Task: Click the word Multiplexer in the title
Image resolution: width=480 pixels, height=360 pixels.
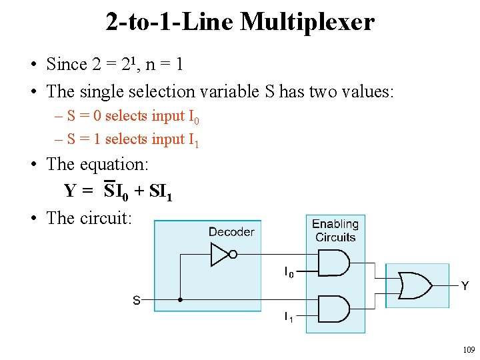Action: click(307, 23)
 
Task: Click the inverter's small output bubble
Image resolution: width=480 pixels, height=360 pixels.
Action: click(233, 255)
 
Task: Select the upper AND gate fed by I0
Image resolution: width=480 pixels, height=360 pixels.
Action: click(334, 263)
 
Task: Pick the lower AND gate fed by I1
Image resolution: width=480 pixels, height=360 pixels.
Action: click(334, 309)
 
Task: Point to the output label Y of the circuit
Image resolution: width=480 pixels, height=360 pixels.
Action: click(465, 286)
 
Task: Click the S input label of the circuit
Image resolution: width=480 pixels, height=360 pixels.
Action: click(137, 300)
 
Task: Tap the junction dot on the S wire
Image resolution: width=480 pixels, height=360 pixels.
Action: click(180, 300)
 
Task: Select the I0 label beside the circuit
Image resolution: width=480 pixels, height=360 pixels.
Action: click(289, 272)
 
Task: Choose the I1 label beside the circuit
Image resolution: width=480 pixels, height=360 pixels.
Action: click(289, 317)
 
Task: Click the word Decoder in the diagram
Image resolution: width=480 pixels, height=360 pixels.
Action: click(231, 232)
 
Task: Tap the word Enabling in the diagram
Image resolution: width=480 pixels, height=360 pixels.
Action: click(335, 224)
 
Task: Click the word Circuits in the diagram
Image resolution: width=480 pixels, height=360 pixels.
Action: click(335, 237)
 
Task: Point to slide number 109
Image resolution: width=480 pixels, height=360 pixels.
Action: click(469, 349)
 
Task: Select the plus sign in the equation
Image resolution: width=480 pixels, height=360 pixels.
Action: click(139, 191)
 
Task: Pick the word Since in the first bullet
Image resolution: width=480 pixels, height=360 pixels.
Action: click(67, 64)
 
